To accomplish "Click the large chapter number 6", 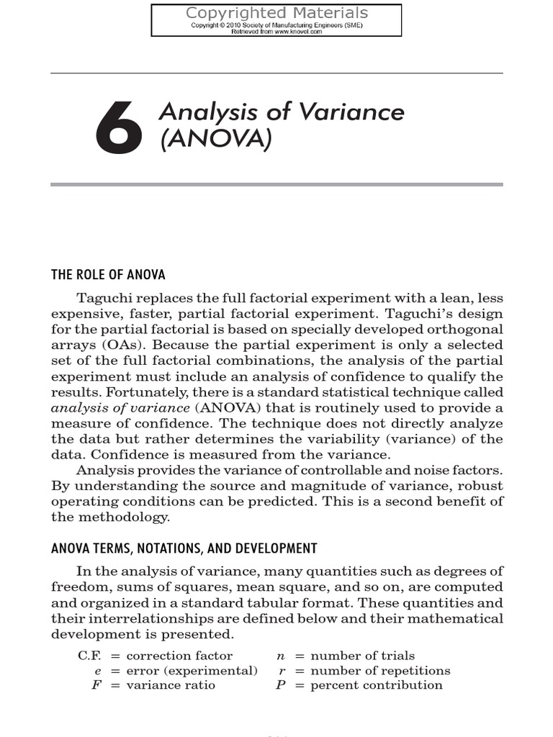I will (119, 128).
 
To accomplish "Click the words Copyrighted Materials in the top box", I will (276, 13).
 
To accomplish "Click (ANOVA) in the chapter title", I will (215, 139).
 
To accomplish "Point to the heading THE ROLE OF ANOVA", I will (108, 274).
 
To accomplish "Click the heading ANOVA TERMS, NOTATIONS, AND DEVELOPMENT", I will (184, 548).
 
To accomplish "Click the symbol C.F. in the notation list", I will (91, 656).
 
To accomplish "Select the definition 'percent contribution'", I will (376, 684).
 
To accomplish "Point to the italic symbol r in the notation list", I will (282, 670).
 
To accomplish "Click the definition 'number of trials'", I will (362, 656).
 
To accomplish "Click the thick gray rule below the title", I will (276, 185).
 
